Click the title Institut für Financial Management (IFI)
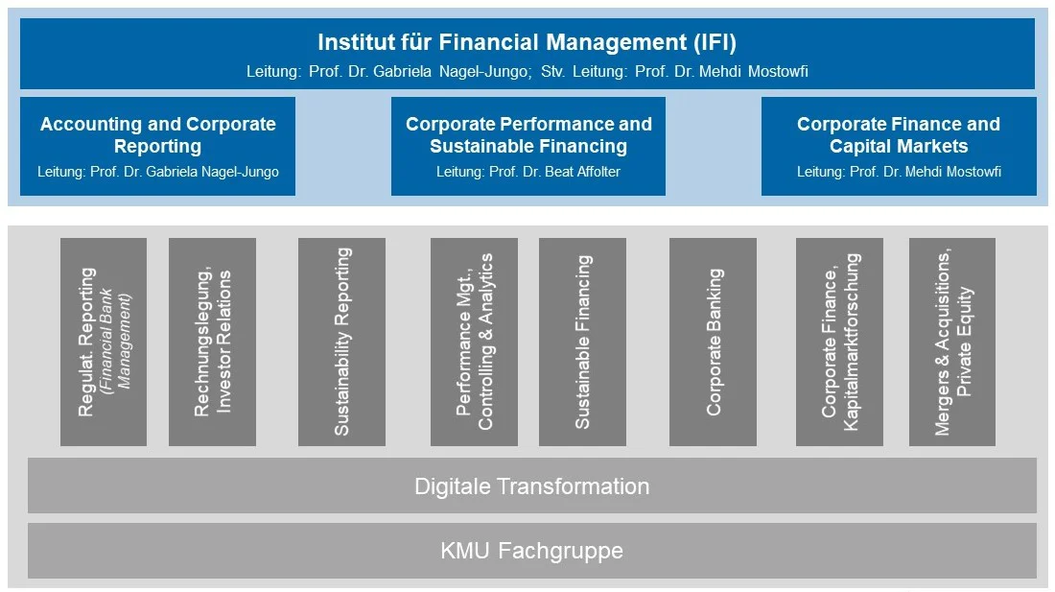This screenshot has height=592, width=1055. tap(527, 42)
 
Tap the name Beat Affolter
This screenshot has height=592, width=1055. tap(583, 172)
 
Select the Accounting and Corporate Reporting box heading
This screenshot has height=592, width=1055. tap(158, 134)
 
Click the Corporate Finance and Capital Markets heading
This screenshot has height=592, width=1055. tap(899, 134)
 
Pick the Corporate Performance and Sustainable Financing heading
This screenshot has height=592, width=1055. tap(528, 134)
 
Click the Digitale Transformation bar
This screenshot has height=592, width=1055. tap(531, 485)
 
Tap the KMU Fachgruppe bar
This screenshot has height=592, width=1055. tap(531, 551)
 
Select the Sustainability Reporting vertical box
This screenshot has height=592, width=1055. tap(341, 342)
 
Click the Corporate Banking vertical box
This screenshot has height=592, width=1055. tap(713, 342)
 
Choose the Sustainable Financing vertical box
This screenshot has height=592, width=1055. tap(582, 342)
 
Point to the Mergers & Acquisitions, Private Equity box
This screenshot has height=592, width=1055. tap(952, 342)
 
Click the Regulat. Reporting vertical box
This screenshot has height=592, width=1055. tap(104, 342)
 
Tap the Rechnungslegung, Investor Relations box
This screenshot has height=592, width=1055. tap(212, 342)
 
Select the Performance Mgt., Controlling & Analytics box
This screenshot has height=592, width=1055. tap(474, 342)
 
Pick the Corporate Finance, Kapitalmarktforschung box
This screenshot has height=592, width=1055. tap(839, 342)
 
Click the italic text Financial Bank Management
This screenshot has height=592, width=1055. tap(115, 341)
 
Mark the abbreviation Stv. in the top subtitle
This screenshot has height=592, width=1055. tap(553, 71)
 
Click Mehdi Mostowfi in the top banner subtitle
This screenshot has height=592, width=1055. tap(754, 71)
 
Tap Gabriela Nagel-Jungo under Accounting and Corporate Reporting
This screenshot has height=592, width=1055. tap(212, 172)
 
